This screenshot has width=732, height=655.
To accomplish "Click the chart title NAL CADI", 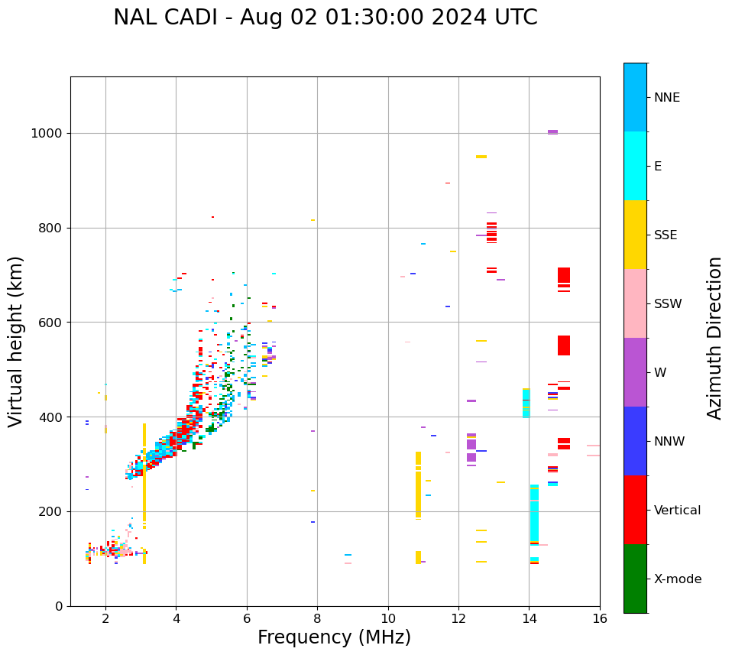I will (325, 18).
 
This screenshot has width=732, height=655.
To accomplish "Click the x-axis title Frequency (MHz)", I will (334, 637).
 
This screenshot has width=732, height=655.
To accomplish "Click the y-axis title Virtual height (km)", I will (16, 341).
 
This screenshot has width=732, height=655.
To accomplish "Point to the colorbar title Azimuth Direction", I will (714, 337).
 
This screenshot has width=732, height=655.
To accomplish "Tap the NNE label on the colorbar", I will (666, 98).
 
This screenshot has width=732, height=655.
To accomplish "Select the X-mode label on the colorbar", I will (677, 579).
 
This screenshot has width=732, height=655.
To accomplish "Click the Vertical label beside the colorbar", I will (677, 511).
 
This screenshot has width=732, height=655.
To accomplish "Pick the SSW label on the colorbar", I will (668, 304).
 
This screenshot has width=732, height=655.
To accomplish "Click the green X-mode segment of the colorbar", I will (635, 579).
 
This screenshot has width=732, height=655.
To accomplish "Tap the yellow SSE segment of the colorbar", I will (635, 235).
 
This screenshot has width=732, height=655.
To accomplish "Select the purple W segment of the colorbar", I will (635, 372).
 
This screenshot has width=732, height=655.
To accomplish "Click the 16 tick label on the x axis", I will (600, 618).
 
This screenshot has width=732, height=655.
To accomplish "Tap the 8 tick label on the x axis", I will (317, 618).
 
